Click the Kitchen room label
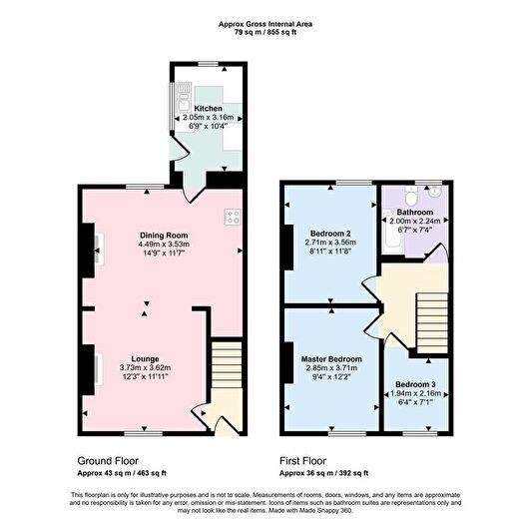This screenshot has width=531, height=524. click(x=208, y=109)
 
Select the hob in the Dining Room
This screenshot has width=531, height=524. click(x=233, y=218)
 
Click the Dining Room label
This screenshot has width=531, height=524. click(x=164, y=236)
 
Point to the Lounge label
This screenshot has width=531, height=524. click(x=145, y=358)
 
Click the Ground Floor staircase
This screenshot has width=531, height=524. click(x=227, y=364)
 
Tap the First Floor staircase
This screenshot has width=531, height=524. click(x=432, y=323)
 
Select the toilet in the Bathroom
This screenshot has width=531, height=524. click(x=412, y=196)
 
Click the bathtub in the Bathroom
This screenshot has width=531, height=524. click(x=393, y=230)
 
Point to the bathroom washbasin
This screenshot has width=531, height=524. click(x=434, y=192)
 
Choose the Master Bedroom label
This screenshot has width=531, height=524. click(x=331, y=359)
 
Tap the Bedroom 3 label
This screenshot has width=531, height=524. click(x=415, y=384)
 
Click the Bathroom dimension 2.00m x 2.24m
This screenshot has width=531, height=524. click(x=415, y=222)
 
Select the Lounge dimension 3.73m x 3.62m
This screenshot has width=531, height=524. click(x=145, y=367)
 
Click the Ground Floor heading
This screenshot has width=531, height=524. click(x=108, y=461)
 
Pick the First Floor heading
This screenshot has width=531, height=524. click(x=302, y=461)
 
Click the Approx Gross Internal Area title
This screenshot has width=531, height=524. click(x=265, y=24)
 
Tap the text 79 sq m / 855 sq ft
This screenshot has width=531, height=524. click(x=265, y=33)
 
